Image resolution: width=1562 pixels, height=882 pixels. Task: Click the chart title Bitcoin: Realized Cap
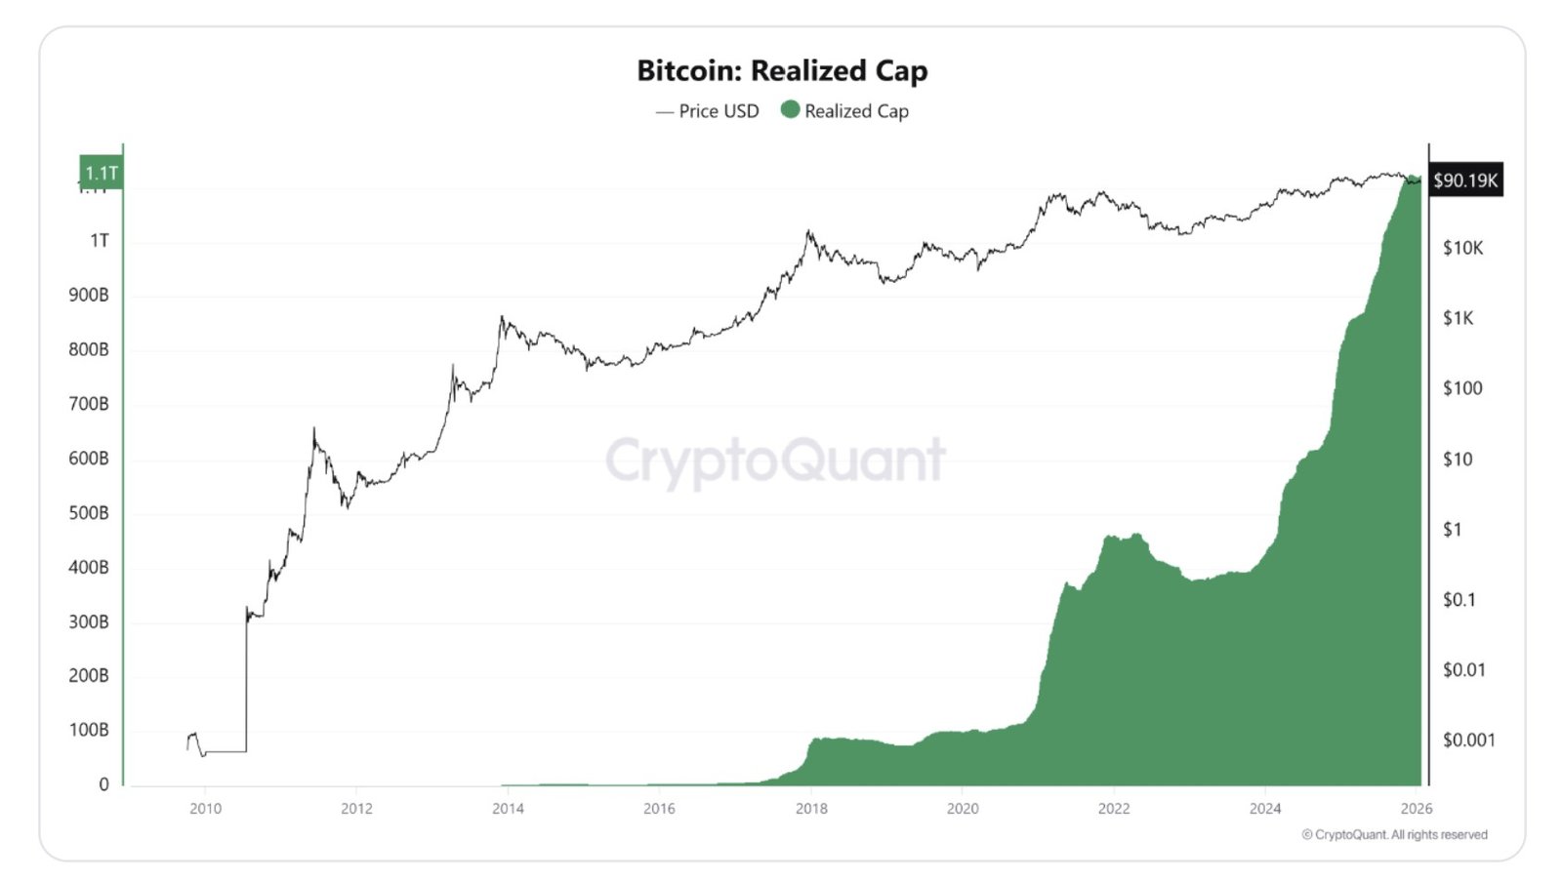tap(782, 71)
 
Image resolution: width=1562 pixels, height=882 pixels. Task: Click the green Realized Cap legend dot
tap(790, 109)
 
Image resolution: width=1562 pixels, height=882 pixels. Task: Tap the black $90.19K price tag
tap(1464, 180)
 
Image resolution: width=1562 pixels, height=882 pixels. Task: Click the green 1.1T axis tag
tap(101, 173)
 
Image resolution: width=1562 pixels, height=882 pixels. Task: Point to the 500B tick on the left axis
tap(88, 513)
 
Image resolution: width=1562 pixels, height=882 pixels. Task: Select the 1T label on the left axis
tap(99, 241)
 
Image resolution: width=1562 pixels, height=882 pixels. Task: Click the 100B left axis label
tap(88, 731)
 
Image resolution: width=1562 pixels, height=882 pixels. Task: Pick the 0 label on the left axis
tap(103, 784)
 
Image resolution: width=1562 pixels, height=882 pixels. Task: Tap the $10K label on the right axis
tap(1462, 249)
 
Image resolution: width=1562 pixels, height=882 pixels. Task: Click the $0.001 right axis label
tap(1468, 741)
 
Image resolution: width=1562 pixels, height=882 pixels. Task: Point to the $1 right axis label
tap(1452, 530)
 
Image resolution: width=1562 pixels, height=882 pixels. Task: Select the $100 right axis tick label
tap(1461, 388)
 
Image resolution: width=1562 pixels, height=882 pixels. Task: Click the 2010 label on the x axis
tap(205, 809)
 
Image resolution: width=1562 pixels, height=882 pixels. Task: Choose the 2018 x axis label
tap(811, 809)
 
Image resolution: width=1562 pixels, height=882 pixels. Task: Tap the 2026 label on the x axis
tap(1416, 809)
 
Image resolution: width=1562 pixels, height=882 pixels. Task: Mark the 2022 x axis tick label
tap(1113, 809)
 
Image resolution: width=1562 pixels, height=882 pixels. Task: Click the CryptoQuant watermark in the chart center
tap(775, 461)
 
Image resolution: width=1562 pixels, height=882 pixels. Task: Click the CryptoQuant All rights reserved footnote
tap(1394, 835)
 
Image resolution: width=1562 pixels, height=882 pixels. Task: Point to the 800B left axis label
tap(88, 349)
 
